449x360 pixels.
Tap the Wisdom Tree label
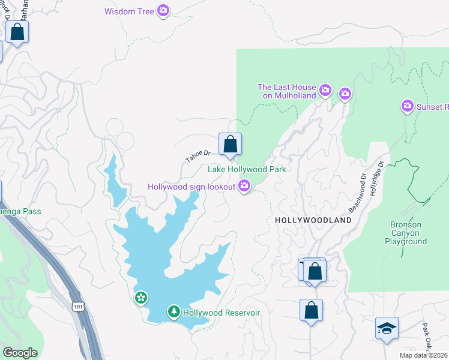pos(129,11)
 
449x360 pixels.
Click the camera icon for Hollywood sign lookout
pos(244,187)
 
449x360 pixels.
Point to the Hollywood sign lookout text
pos(192,188)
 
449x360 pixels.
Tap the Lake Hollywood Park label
pos(247,170)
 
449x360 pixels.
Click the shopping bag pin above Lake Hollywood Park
pos(230,144)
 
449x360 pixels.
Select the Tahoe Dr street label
pos(197,156)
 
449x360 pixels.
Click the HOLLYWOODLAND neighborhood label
pos(313,221)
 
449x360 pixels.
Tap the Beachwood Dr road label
pos(357,194)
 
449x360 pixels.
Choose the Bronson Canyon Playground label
pos(406,233)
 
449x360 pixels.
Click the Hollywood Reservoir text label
pos(221,313)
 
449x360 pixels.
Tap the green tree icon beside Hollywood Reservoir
pos(173,311)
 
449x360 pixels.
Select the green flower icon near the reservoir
pos(140,297)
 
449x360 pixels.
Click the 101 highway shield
pos(79,307)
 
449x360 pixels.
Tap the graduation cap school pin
pos(387,328)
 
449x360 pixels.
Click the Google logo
pos(20,353)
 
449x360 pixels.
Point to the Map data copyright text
pos(424,355)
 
